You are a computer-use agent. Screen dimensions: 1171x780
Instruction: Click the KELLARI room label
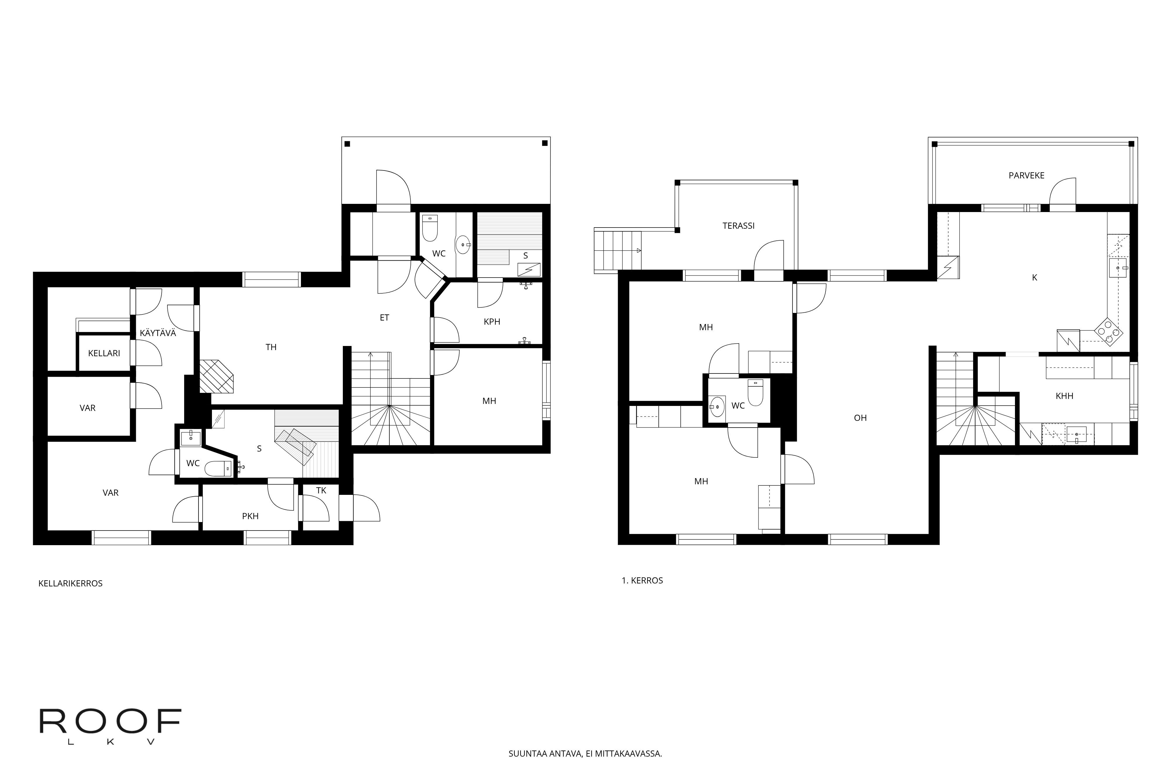tap(104, 353)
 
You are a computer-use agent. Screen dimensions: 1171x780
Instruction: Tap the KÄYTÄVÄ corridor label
tap(158, 333)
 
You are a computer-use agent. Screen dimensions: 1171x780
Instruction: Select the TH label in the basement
tap(271, 347)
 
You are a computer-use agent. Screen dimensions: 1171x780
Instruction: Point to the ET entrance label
tap(384, 317)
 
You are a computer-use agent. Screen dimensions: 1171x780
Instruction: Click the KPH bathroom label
tap(492, 321)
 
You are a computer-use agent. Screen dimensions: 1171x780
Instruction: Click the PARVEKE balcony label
tap(1027, 175)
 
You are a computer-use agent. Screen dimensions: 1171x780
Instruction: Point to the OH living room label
tap(860, 418)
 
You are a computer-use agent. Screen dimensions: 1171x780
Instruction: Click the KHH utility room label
tap(1064, 396)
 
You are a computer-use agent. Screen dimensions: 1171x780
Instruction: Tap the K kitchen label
tap(1035, 278)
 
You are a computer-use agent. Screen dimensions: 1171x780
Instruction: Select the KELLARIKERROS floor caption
tap(70, 583)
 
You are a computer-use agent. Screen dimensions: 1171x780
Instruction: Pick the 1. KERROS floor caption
tap(642, 581)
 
